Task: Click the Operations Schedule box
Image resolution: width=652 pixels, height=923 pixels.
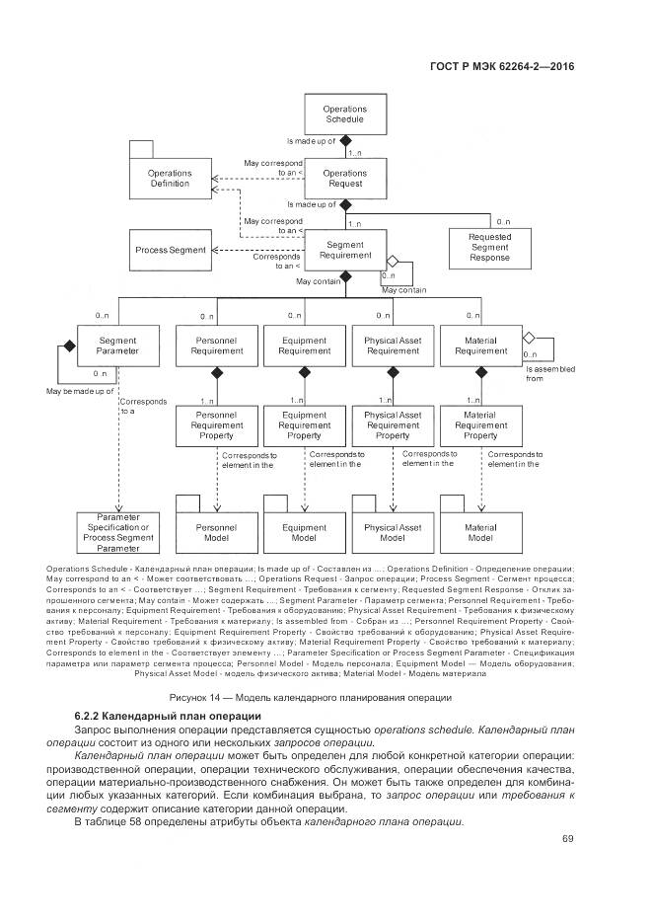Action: click(345, 114)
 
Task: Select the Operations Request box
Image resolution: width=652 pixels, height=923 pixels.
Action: click(345, 178)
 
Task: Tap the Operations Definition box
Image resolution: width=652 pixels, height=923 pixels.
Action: click(171, 178)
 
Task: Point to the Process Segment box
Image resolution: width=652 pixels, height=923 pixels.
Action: click(170, 250)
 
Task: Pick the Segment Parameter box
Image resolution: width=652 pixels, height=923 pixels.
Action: click(117, 345)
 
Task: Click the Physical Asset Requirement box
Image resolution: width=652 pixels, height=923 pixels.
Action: click(393, 345)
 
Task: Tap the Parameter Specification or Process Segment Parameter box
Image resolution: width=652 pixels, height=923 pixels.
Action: click(117, 533)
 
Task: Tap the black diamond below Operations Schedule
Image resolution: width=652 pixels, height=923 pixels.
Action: click(345, 141)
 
